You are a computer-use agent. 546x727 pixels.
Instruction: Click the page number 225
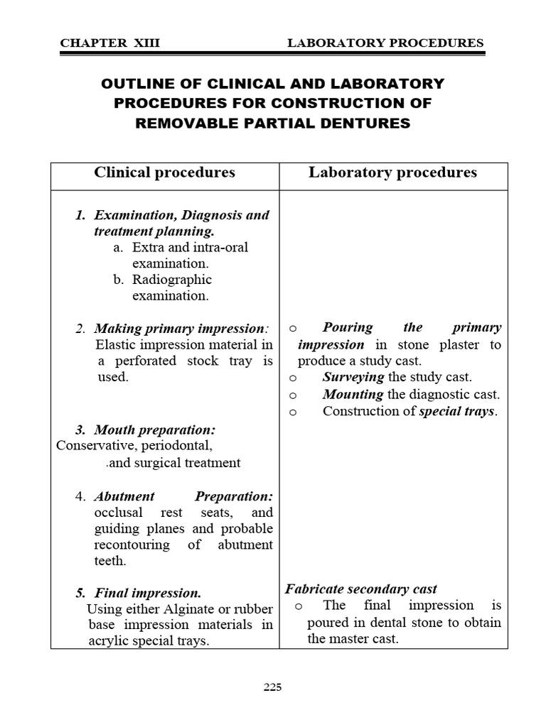[x=273, y=687]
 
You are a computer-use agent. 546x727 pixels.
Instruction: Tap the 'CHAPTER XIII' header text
[x=110, y=43]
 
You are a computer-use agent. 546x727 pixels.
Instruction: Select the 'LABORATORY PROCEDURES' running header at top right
[x=385, y=43]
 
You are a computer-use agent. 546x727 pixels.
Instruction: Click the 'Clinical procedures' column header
[x=164, y=173]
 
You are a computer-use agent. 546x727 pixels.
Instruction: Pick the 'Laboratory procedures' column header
[x=392, y=173]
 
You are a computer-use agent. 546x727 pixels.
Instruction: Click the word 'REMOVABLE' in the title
[x=179, y=123]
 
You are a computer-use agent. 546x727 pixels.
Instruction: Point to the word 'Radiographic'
[x=172, y=279]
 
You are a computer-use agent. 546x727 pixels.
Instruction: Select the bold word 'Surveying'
[x=353, y=377]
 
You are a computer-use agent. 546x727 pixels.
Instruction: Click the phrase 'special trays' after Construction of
[x=456, y=411]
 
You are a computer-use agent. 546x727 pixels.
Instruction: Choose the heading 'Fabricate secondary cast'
[x=361, y=589]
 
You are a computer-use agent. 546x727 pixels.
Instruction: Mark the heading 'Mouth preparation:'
[x=155, y=430]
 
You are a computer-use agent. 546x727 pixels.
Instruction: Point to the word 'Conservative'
[x=95, y=446]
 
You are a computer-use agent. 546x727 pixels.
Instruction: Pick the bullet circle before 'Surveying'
[x=293, y=378]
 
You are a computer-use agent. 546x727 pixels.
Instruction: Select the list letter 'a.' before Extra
[x=118, y=247]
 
